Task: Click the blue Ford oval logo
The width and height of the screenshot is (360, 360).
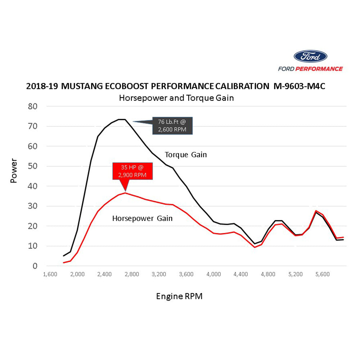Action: (x=310, y=57)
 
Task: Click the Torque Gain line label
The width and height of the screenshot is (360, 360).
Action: (x=186, y=155)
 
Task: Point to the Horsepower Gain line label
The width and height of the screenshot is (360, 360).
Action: (x=142, y=218)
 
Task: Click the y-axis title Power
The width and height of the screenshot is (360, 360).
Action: (x=14, y=171)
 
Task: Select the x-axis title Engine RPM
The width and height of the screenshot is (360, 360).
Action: (x=179, y=296)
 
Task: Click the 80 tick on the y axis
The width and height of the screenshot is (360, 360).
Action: (x=33, y=107)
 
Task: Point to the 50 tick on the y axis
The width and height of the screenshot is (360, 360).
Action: (x=33, y=166)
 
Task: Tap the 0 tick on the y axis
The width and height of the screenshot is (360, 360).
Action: (x=35, y=266)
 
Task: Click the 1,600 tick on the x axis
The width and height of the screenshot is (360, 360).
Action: (x=50, y=274)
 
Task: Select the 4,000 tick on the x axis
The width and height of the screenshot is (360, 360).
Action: (x=213, y=274)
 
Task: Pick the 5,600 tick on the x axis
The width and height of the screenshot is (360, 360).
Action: (x=323, y=274)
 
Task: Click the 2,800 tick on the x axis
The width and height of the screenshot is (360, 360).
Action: (x=132, y=274)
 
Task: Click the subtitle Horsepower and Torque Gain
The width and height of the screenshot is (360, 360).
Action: (x=176, y=98)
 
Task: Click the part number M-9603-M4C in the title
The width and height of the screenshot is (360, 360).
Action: (x=299, y=86)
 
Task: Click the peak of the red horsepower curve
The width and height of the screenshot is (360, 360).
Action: (x=125, y=193)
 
